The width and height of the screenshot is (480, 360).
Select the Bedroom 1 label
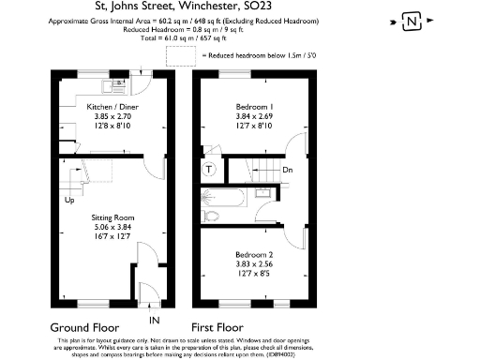pos(253,107)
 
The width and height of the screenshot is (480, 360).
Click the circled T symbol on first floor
pos(209,170)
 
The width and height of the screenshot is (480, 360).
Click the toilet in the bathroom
pos(212,216)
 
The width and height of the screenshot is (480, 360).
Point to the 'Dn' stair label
pos(288,170)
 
